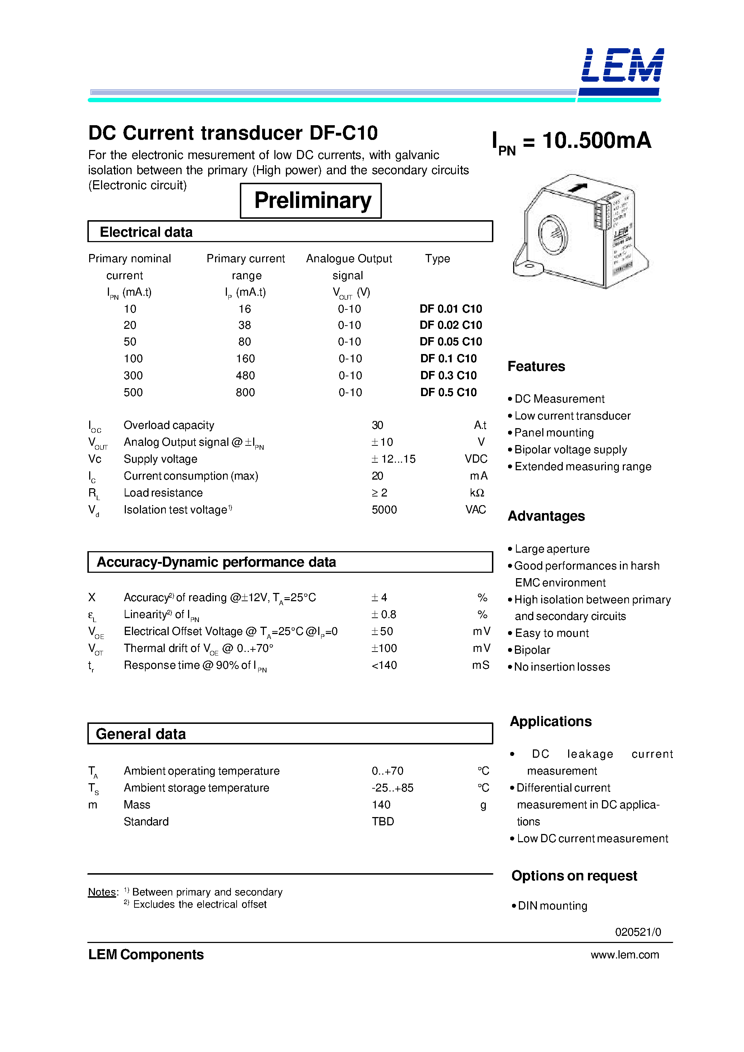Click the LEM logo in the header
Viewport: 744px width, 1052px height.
coord(622,67)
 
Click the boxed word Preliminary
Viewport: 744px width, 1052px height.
coord(312,201)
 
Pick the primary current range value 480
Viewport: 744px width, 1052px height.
coord(245,375)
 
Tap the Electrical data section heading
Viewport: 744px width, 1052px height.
coord(146,232)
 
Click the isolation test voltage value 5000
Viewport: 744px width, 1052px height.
coord(384,510)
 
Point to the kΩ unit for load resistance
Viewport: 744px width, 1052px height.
coord(476,493)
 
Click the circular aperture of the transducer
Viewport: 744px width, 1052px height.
coord(553,235)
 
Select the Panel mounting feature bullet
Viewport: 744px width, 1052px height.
coord(553,433)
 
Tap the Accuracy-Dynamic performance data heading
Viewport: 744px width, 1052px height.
coord(216,562)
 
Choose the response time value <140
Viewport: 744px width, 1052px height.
coord(384,665)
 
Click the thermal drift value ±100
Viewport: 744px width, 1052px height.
coord(384,648)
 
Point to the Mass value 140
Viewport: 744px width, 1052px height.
coord(381,804)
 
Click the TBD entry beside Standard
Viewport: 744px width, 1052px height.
coord(383,821)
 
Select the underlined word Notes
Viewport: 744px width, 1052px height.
coord(102,892)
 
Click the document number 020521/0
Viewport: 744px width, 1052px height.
coord(638,932)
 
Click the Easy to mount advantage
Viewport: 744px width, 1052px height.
coord(552,633)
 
